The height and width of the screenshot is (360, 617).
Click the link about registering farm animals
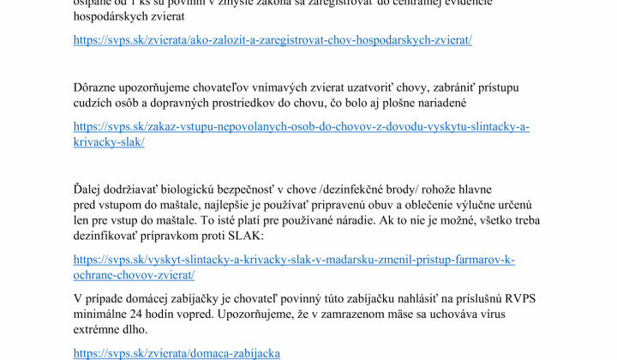273,39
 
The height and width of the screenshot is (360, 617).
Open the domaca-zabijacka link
177,352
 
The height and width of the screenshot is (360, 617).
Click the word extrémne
99,329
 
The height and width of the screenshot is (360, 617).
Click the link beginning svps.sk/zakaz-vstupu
301,126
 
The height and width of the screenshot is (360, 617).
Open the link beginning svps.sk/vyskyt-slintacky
294,259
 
